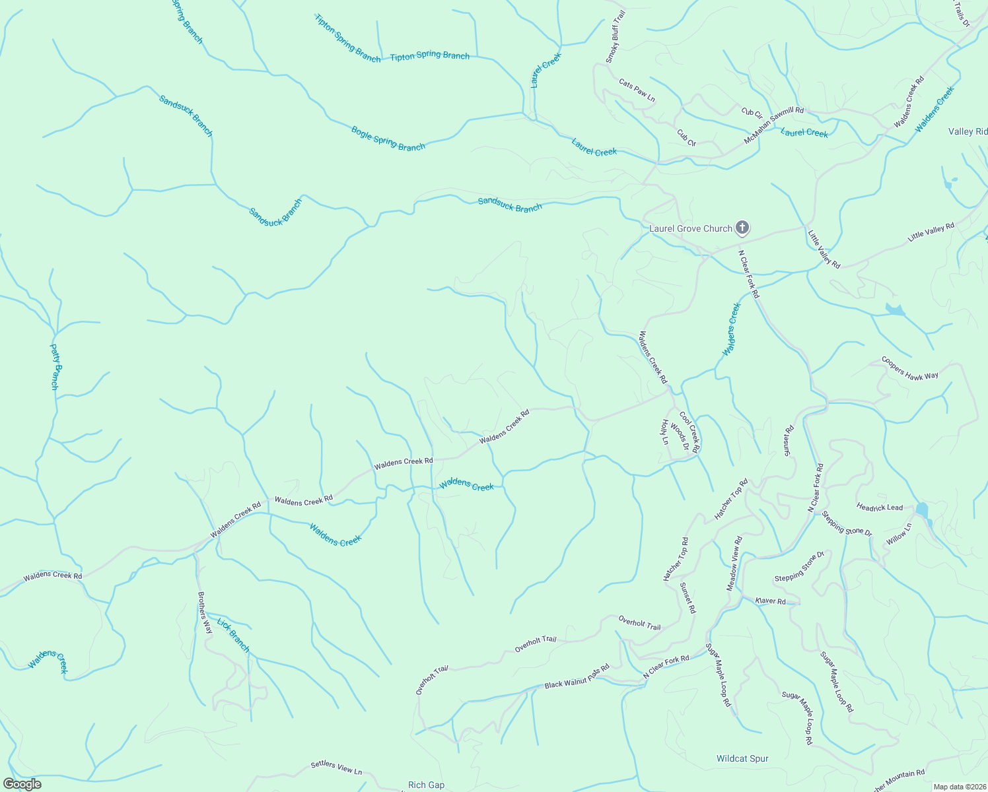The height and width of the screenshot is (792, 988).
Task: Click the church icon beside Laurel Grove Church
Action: [x=742, y=228]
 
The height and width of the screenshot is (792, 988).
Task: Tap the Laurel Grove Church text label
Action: [x=691, y=229]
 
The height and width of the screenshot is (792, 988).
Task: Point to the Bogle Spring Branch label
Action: [x=388, y=139]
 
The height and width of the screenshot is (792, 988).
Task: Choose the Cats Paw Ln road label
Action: [x=637, y=90]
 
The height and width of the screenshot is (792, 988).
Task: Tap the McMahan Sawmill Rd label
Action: [x=774, y=125]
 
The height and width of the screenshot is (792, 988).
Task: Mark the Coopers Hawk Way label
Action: [x=910, y=368]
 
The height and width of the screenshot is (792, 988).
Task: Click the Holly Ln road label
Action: [x=664, y=432]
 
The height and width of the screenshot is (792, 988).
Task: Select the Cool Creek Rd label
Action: [x=689, y=433]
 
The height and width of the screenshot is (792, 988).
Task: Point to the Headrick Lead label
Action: [x=880, y=508]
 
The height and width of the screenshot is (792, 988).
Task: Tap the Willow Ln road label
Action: [x=899, y=533]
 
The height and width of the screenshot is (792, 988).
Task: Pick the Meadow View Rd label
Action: [x=735, y=562]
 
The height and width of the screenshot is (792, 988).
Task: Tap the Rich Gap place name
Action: [x=426, y=785]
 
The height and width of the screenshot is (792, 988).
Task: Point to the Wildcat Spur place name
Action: [x=742, y=759]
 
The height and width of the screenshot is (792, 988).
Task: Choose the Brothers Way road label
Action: [x=205, y=612]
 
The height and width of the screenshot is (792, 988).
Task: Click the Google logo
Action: [x=22, y=784]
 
